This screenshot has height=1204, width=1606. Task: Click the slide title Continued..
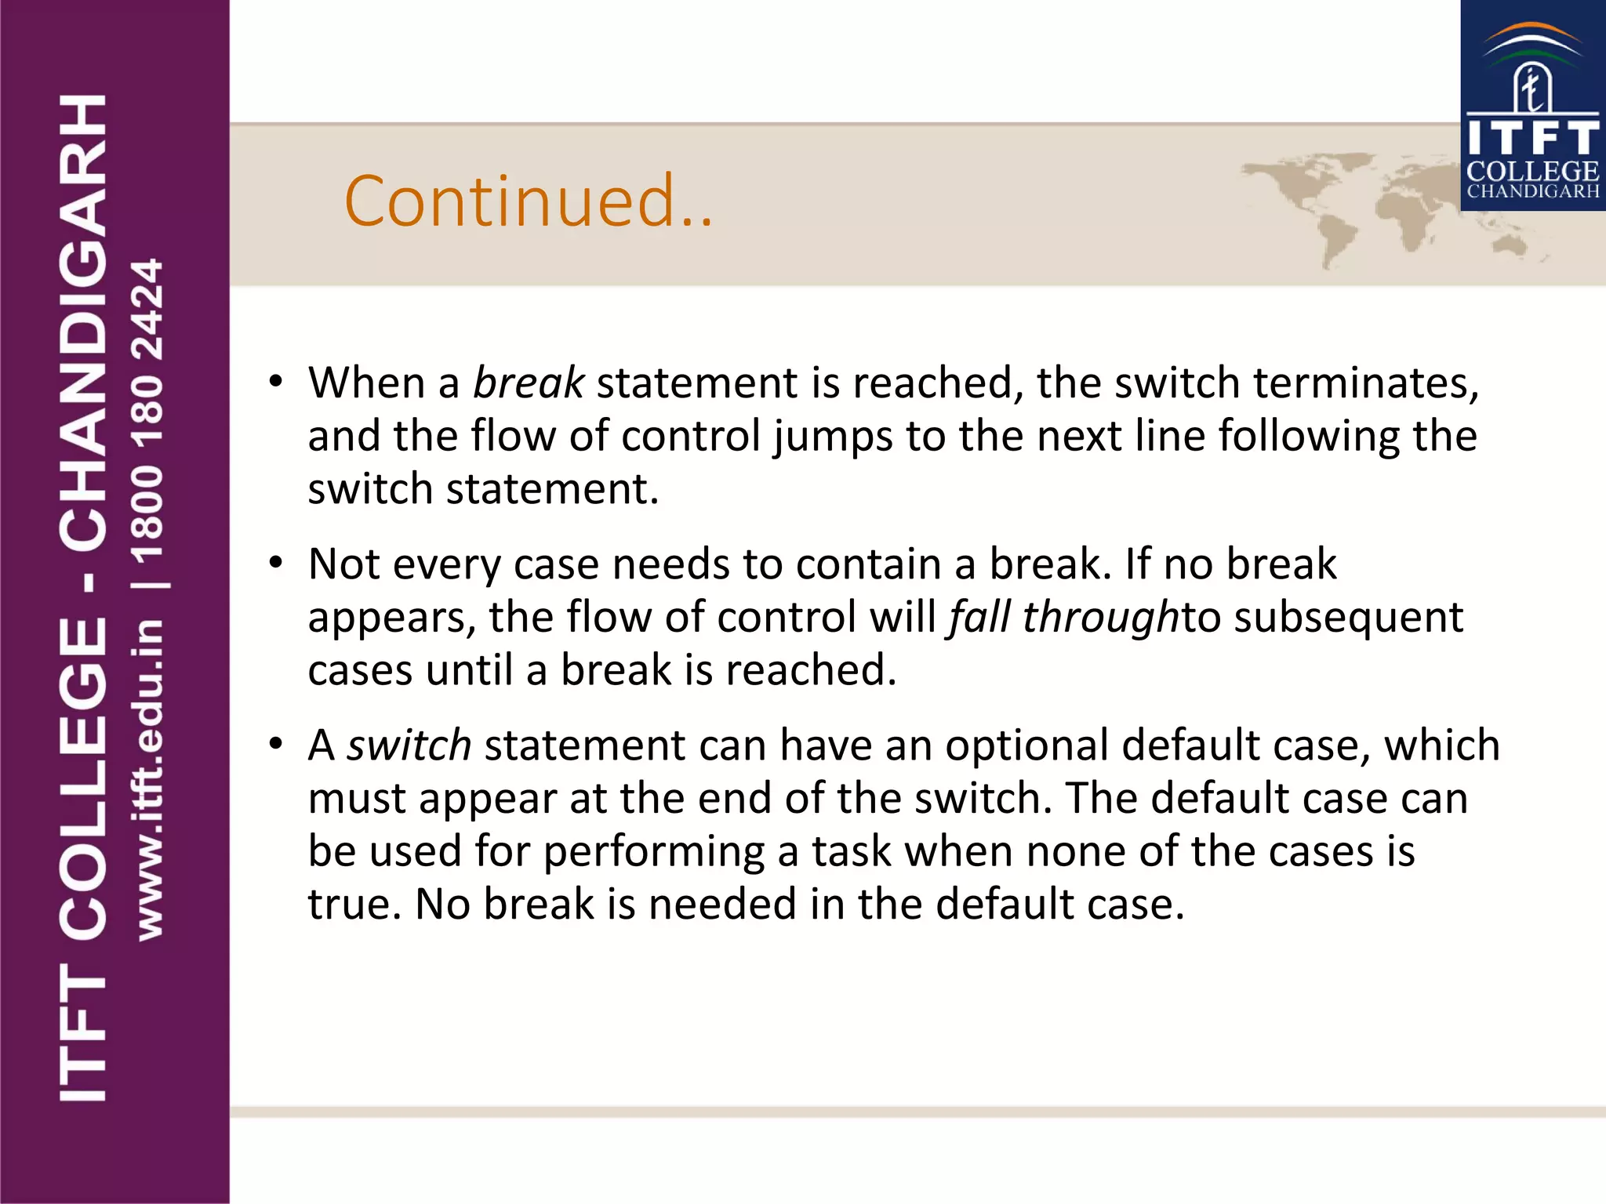pyautogui.click(x=528, y=201)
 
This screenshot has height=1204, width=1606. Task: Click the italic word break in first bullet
pyautogui.click(x=528, y=383)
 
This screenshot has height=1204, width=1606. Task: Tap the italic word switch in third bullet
pyautogui.click(x=409, y=745)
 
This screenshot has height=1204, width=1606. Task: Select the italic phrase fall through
pyautogui.click(x=1063, y=618)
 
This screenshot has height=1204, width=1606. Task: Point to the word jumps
pyautogui.click(x=833, y=437)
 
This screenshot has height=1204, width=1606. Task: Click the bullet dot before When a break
pyautogui.click(x=274, y=383)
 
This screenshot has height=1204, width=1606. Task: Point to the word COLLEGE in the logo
pyautogui.click(x=1532, y=172)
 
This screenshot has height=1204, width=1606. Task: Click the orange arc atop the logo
pyautogui.click(x=1532, y=33)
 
